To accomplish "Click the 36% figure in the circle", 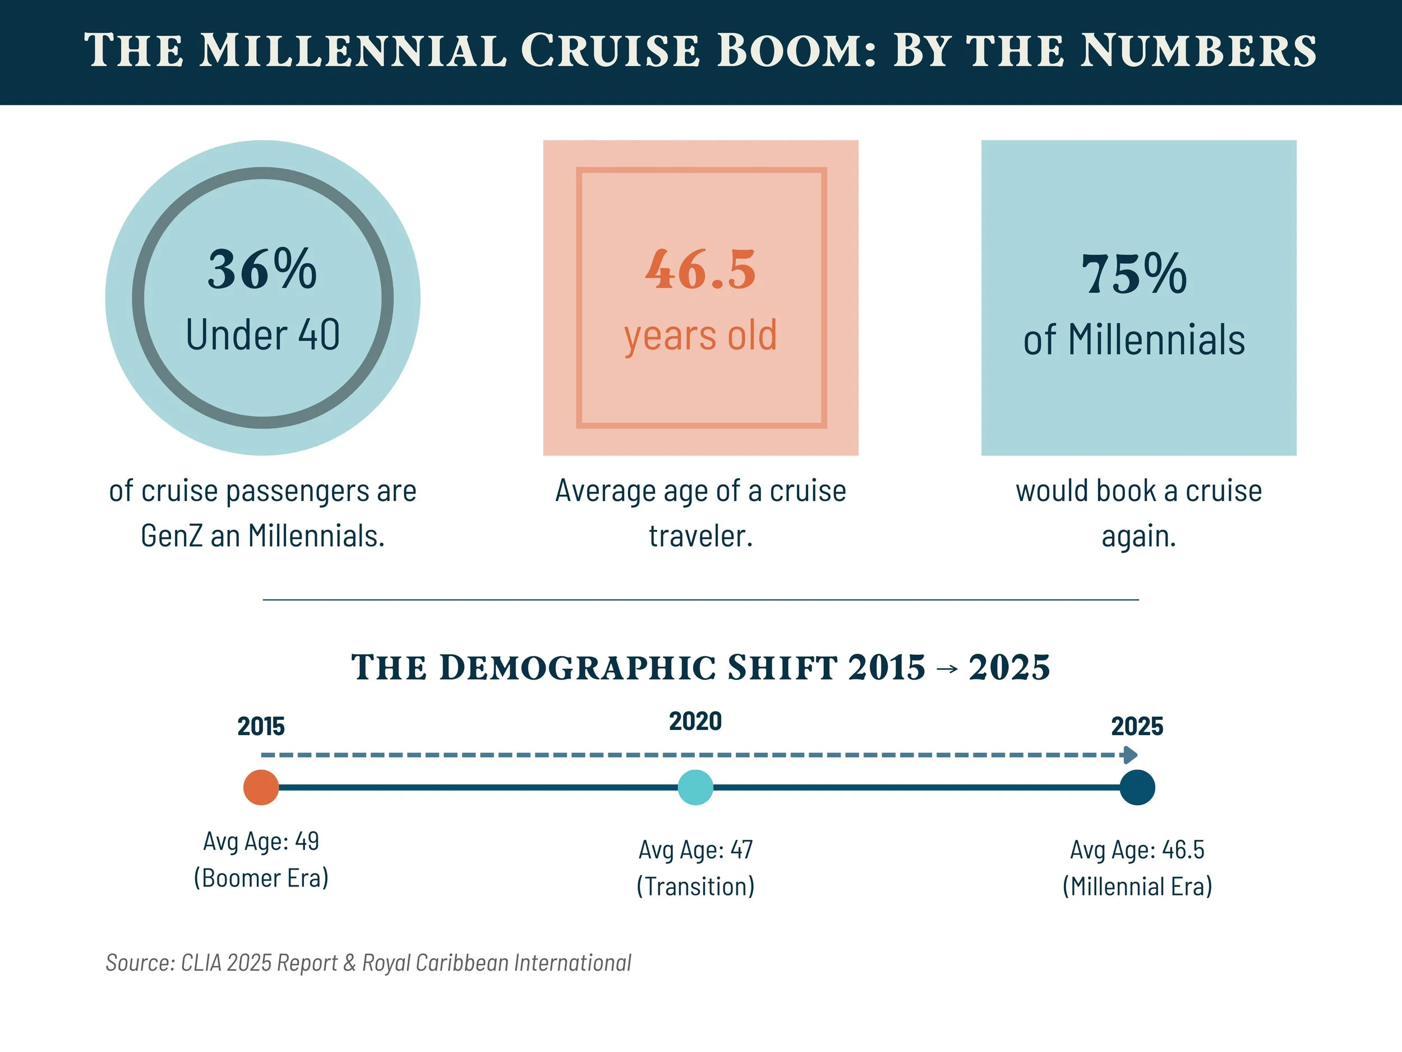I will coord(262,269).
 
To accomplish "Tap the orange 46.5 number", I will coord(700,269).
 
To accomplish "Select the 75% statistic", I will coord(1134,274).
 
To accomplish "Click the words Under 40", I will coord(262,335).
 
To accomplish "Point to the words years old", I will coord(700,336).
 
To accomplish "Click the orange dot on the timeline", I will coord(261,788).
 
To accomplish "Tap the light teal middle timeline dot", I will coord(695,788).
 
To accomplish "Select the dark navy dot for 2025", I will coord(1137,788).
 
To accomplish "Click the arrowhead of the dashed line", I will coord(1130,755).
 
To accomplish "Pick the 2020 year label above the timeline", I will coord(695,722).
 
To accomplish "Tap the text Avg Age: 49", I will coord(261,842).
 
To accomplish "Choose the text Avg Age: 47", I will coord(695,849).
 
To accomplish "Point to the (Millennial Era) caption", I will coord(1137,886).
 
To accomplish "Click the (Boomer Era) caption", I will coord(261,878).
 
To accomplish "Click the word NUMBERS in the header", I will coord(1198,50).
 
